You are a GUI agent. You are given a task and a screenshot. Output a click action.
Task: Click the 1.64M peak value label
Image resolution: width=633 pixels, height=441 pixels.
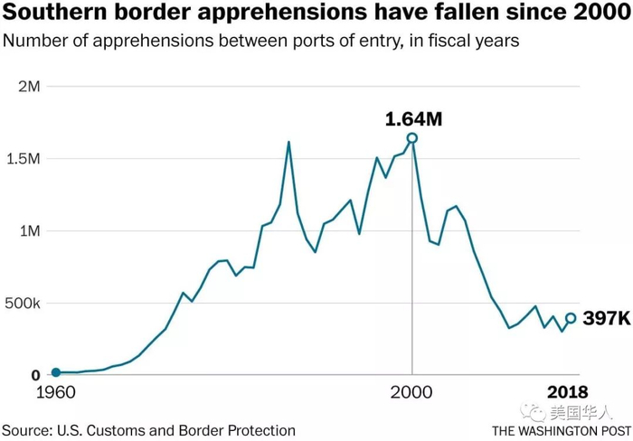tap(411, 118)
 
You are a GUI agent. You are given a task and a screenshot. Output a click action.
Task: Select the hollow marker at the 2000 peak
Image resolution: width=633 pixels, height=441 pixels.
tap(412, 138)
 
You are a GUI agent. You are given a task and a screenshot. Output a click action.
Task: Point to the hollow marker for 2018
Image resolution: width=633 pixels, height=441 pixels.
tap(571, 318)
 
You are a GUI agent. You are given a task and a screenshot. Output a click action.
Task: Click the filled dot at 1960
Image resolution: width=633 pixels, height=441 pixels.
tap(56, 372)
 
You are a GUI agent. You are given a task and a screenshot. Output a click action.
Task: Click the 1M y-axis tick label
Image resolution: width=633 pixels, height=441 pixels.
tap(31, 231)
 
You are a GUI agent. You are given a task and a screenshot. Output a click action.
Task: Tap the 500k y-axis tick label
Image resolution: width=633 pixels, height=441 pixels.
tap(23, 304)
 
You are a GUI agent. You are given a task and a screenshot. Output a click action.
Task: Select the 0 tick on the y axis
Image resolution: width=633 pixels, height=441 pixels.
tap(36, 374)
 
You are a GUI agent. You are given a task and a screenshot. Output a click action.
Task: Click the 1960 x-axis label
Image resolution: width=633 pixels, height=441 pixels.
tap(56, 393)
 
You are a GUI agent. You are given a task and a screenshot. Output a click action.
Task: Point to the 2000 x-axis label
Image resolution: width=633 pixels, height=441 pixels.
tap(412, 393)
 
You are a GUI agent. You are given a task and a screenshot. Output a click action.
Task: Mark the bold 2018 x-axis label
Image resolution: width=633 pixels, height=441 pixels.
tap(570, 393)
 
